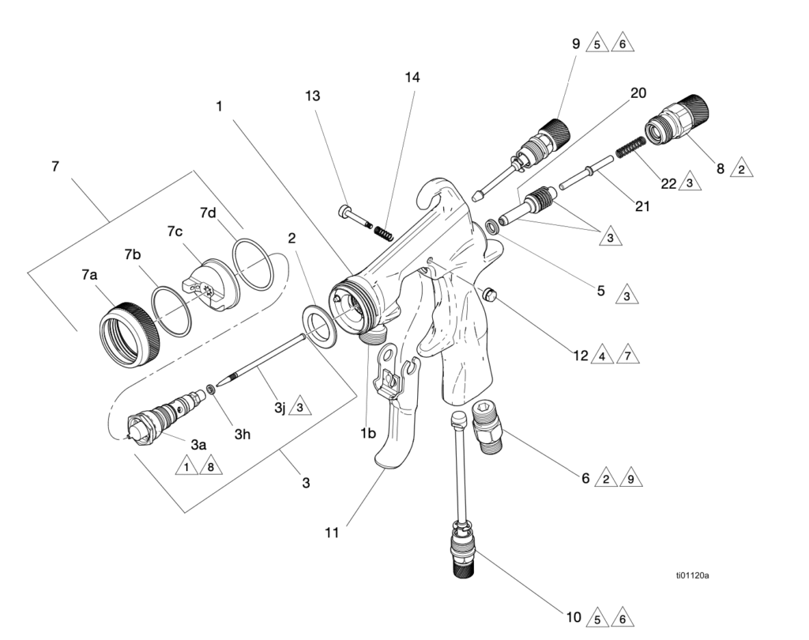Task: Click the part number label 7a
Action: pos(88,275)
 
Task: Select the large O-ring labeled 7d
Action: pos(252,264)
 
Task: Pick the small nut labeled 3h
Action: pos(210,389)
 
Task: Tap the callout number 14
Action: pos(412,77)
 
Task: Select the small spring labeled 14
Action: pos(384,232)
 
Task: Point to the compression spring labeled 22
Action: pos(630,145)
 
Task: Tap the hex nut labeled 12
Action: pos(487,295)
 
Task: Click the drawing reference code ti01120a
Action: pos(692,575)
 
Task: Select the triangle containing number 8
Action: pos(210,466)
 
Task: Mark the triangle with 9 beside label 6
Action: pos(630,479)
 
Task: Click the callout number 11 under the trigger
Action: pos(332,532)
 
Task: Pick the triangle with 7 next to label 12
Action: pos(627,355)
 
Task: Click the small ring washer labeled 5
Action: pos(492,226)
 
